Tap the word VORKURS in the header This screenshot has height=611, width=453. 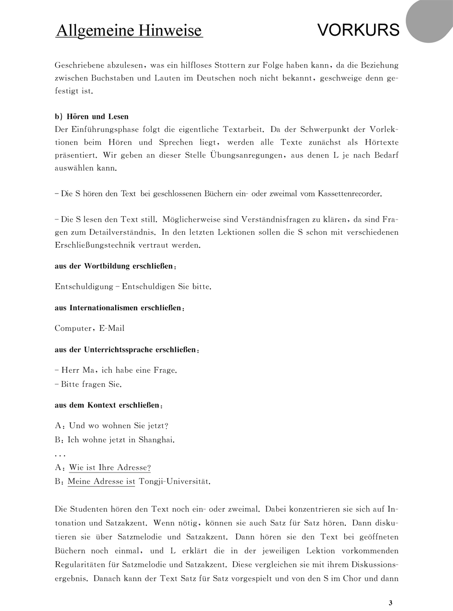point(358,30)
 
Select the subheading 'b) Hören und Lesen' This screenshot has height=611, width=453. point(91,117)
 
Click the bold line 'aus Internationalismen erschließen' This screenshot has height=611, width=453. point(119,307)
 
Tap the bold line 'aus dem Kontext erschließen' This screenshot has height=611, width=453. point(108,405)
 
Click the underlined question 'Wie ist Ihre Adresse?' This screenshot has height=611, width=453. point(110,467)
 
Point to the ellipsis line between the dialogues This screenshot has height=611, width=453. point(60,454)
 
